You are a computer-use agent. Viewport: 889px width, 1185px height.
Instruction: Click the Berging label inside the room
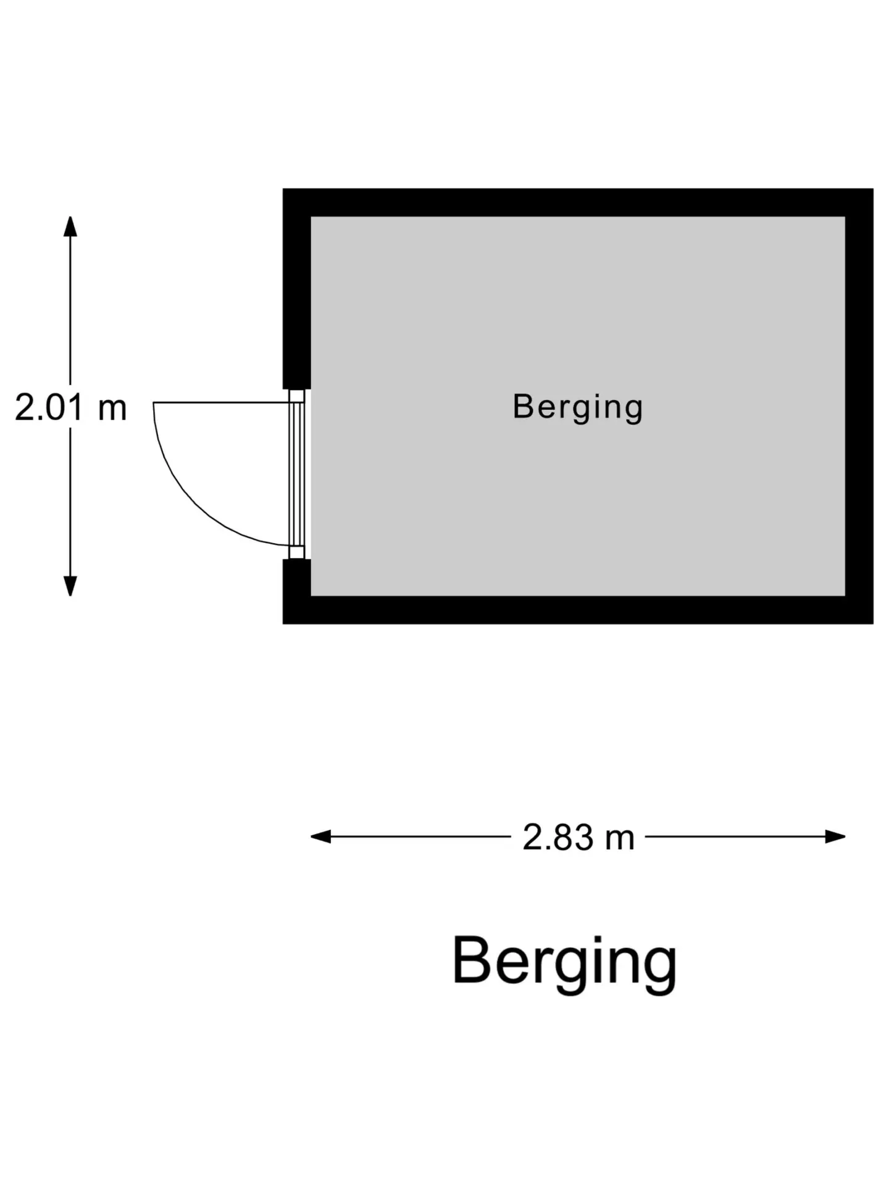578,407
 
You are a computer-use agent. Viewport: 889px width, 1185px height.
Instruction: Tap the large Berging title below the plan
564,963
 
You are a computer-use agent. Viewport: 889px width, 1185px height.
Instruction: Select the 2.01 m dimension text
70,408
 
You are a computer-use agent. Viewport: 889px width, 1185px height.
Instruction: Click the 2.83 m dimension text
578,838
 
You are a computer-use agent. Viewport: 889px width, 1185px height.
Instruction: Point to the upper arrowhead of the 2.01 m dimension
70,226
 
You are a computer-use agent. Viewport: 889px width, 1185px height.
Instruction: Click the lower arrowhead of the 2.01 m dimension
70,586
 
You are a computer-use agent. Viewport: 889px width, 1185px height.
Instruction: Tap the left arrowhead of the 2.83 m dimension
320,837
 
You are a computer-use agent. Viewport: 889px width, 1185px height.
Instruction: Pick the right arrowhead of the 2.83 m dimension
835,837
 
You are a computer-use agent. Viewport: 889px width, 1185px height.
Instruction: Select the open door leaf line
221,402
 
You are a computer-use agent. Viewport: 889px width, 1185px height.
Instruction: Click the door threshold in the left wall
297,474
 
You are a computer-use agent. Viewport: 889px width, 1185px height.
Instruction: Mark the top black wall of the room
578,202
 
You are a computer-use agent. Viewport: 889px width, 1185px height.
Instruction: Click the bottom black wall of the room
578,610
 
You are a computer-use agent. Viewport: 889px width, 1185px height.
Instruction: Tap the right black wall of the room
859,406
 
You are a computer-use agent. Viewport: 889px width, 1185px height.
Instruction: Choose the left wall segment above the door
296,289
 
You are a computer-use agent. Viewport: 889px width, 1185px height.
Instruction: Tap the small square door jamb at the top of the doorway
297,396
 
